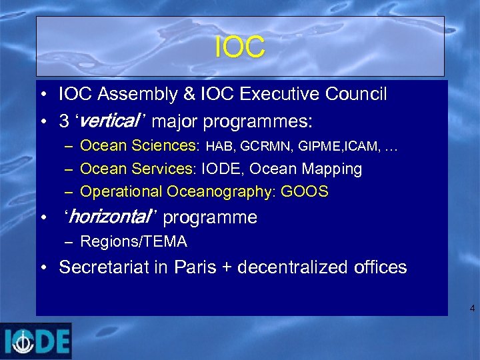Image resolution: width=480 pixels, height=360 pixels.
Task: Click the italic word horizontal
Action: point(110,217)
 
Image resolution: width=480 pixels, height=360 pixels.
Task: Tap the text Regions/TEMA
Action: point(133,241)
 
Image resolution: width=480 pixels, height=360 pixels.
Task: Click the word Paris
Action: point(197,267)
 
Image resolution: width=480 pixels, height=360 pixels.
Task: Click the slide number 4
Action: point(472,309)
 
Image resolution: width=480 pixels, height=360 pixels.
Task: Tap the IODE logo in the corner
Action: point(36,341)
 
